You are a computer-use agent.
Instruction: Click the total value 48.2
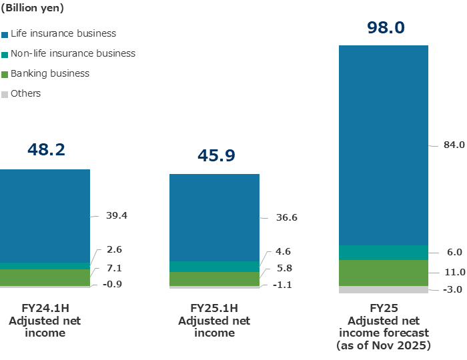click(x=46, y=149)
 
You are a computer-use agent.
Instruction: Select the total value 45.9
click(x=216, y=155)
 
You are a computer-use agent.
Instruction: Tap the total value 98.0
click(x=386, y=27)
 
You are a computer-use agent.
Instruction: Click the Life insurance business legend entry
click(x=63, y=33)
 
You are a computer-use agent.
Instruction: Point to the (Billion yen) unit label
click(x=33, y=9)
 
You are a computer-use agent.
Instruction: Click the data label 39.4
click(x=116, y=215)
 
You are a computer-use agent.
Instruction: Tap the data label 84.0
click(x=453, y=145)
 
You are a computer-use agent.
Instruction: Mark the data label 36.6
click(x=286, y=217)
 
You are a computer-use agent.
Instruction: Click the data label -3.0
click(x=453, y=289)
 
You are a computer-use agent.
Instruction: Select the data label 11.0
click(x=453, y=272)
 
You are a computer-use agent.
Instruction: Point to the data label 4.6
click(x=284, y=251)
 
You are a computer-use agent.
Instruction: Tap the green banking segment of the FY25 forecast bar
click(x=383, y=273)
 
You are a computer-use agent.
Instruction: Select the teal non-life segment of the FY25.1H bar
click(x=214, y=267)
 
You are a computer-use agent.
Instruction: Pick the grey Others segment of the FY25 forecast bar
click(x=383, y=290)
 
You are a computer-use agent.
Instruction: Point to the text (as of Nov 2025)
click(x=384, y=346)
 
